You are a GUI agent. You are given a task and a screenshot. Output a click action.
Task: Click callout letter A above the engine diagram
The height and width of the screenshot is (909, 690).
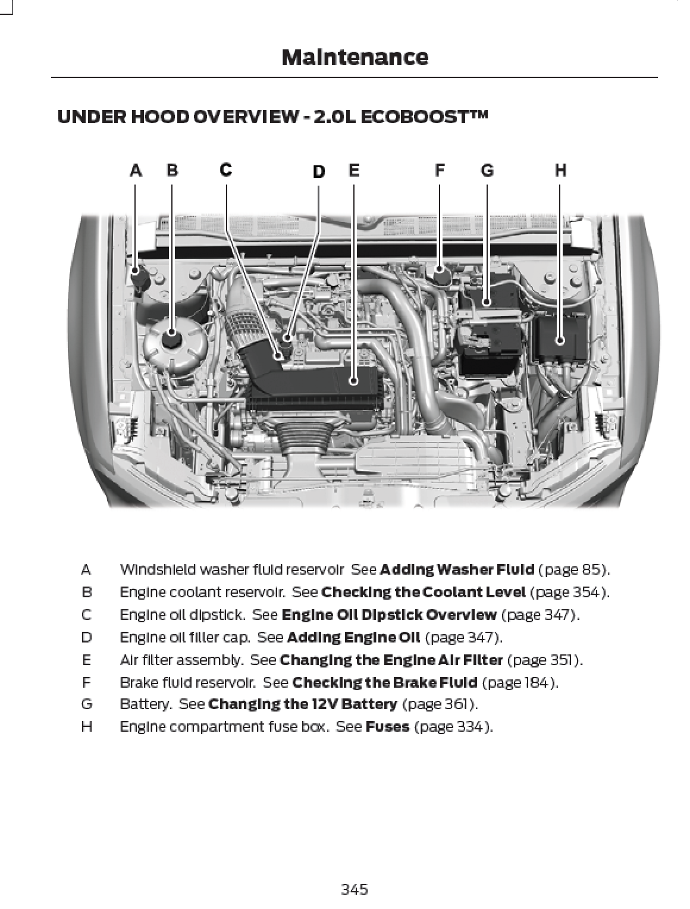point(136,171)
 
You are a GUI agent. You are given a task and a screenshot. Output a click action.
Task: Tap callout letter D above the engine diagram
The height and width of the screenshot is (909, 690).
point(319,172)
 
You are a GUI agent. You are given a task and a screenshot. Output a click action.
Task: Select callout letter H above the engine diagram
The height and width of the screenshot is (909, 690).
point(560,171)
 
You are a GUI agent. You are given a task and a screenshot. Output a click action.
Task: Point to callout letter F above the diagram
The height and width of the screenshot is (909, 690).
point(439,171)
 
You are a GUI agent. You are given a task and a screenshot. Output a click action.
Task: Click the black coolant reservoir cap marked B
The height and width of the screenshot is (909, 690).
point(172,340)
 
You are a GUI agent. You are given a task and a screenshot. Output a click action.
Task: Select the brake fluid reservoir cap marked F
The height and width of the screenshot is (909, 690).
point(441,275)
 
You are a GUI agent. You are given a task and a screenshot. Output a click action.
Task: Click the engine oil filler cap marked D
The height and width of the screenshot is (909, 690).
point(288,343)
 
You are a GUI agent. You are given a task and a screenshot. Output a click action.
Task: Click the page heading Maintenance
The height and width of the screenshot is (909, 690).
point(355,57)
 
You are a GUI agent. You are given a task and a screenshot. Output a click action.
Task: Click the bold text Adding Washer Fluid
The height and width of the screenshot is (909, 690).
point(456,569)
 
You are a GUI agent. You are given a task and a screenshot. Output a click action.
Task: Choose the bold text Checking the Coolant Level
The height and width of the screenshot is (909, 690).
point(423,592)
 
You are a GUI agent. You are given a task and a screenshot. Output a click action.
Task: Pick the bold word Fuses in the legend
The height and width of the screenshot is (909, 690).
point(387,726)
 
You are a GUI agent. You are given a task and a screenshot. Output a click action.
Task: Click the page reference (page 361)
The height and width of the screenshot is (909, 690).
point(440,704)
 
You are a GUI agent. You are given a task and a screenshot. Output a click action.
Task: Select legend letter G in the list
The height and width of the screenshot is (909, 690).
point(86,704)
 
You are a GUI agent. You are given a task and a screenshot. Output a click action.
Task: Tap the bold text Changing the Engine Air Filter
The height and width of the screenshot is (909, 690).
point(391,660)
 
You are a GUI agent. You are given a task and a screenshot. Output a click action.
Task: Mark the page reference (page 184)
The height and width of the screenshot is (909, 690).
point(520,682)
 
